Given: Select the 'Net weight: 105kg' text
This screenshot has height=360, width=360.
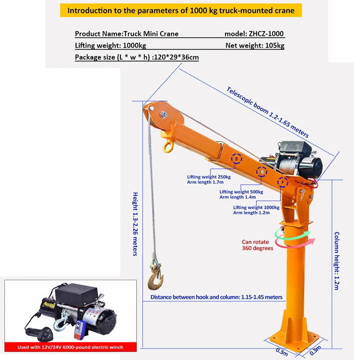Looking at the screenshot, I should (255, 45).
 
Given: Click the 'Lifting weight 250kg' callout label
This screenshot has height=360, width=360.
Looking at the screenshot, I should (208, 180).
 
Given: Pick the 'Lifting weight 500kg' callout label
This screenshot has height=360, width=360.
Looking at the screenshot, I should (241, 194).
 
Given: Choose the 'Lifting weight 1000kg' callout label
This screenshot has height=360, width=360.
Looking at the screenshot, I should (256, 210).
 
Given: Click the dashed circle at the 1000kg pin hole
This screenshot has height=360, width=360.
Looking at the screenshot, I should (283, 182).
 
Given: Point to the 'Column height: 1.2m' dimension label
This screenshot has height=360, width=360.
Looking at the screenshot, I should (336, 261).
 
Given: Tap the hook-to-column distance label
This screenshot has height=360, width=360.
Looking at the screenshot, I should (216, 297).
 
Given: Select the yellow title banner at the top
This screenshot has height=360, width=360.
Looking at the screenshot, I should (180, 10).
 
